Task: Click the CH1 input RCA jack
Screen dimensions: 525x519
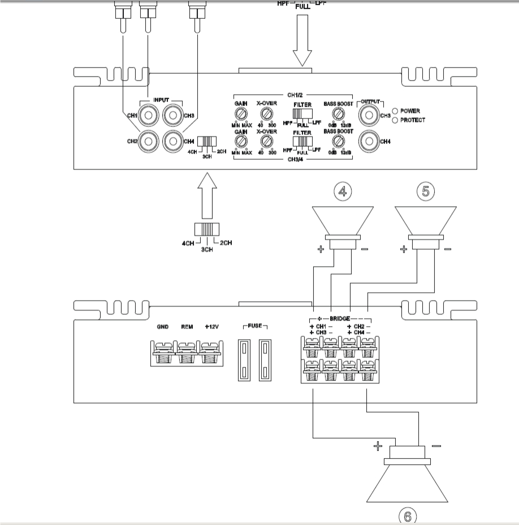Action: pos(149,116)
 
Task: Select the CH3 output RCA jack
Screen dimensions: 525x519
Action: pos(369,116)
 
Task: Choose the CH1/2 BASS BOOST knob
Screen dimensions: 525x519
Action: pos(339,114)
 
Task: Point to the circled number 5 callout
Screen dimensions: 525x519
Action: pos(426,191)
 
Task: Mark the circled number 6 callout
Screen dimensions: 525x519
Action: pos(408,516)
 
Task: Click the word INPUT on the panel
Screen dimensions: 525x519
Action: pos(161,100)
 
